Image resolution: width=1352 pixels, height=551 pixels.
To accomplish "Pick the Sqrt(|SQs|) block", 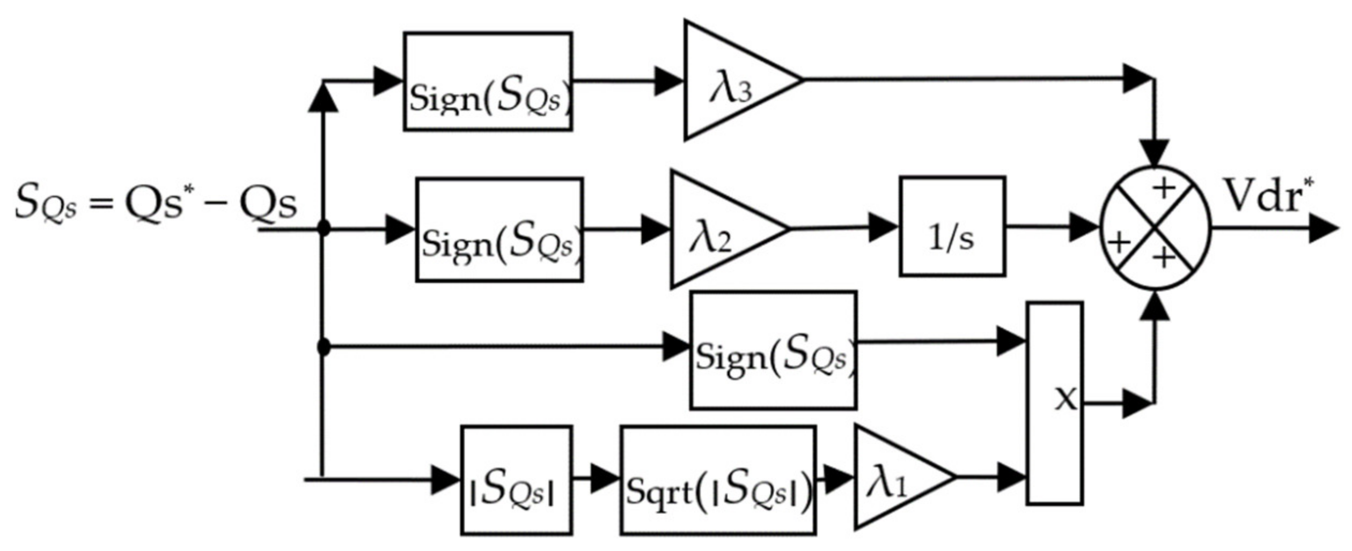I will coord(718,480).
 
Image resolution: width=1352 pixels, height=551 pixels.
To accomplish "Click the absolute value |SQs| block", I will coord(516,480).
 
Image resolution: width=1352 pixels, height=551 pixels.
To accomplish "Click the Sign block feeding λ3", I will coord(488,81).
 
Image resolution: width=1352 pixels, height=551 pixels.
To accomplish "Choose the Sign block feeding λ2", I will coord(499,230).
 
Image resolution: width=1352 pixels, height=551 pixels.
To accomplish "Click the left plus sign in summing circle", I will coord(1119,243).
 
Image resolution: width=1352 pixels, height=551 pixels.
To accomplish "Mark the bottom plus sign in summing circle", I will coord(1164,258).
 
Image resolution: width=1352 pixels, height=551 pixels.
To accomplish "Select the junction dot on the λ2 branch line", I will coord(324,228).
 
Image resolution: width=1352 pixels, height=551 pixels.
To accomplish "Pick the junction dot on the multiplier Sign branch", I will coord(324,347).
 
